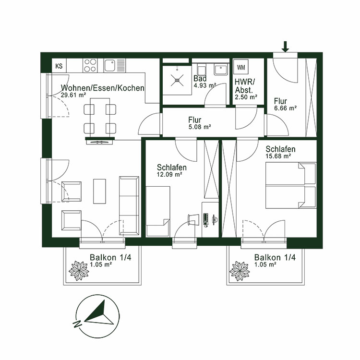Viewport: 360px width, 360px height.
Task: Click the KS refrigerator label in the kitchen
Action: (59, 66)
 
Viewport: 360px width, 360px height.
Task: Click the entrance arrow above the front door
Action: (285, 46)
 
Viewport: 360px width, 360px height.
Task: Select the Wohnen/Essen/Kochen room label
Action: (102, 88)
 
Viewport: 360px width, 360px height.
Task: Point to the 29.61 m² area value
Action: (73, 96)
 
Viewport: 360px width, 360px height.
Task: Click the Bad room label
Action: (200, 78)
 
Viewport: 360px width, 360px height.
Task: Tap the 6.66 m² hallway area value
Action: (285, 108)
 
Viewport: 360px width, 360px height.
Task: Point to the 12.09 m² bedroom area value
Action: (169, 175)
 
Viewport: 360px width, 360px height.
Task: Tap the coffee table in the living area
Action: (99, 191)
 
